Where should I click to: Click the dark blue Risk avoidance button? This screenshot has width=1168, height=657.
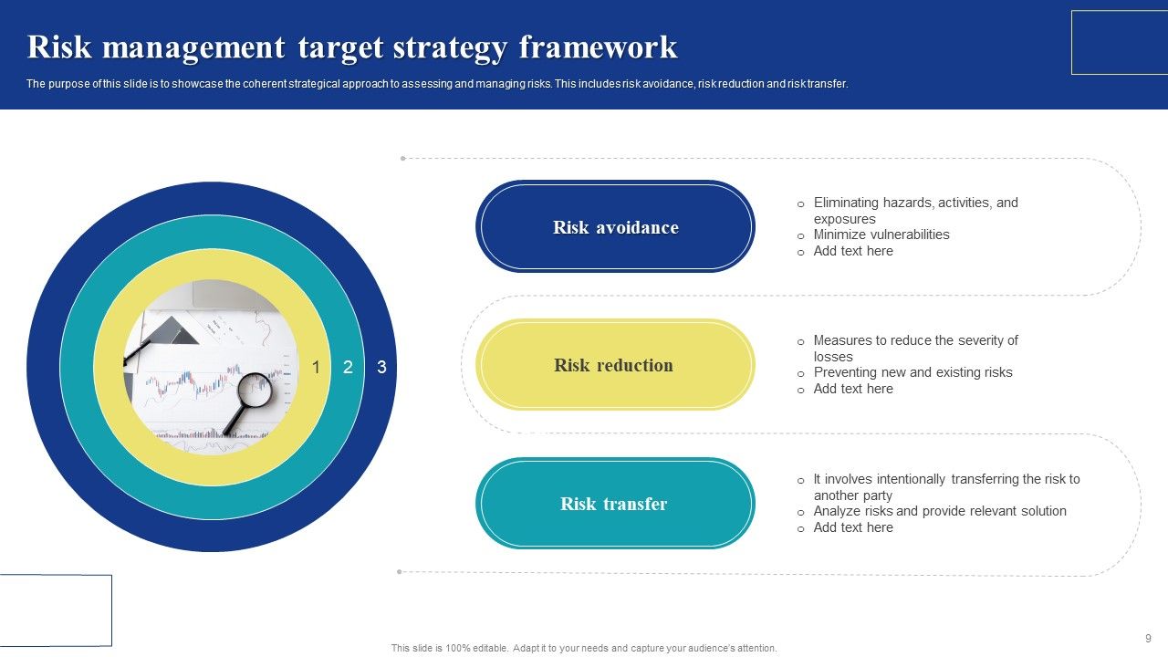pos(615,227)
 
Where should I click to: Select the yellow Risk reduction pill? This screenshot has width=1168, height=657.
pos(614,365)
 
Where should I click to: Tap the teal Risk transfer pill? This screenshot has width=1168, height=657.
pos(614,504)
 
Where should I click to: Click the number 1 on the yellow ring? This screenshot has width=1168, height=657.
pos(316,368)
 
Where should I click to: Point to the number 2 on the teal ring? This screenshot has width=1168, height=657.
pos(348,368)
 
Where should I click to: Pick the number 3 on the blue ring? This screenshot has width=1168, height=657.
pos(381,368)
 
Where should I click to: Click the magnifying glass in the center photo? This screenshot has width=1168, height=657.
pos(253,391)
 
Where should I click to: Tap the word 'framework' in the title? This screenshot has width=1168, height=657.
pos(599,47)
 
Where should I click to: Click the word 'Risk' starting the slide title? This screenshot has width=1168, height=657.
pos(59,47)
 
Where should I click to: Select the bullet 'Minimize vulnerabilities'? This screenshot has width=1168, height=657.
pos(881,235)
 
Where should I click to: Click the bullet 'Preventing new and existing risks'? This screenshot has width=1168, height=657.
pos(912,372)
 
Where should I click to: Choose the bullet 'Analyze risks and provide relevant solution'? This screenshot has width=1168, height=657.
pos(940,511)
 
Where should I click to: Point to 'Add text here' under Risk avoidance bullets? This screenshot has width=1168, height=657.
pos(853,251)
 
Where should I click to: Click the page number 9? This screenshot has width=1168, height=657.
pos(1148,639)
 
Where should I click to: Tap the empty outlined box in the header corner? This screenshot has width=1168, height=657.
pos(1119,42)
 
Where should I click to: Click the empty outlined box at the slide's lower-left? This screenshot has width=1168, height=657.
pos(56,610)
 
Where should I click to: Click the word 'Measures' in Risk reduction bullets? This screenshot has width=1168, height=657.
pos(841,340)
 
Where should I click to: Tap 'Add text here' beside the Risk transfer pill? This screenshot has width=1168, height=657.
pos(853,527)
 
